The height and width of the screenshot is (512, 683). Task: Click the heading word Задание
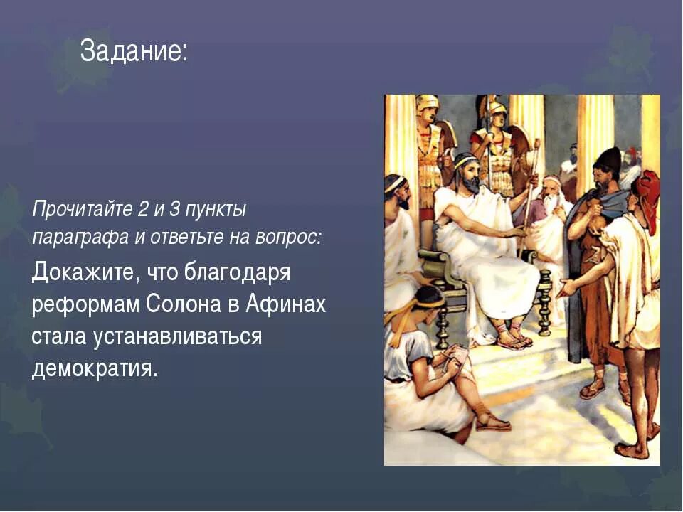[133, 51]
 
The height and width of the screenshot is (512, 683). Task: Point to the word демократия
[92, 368]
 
